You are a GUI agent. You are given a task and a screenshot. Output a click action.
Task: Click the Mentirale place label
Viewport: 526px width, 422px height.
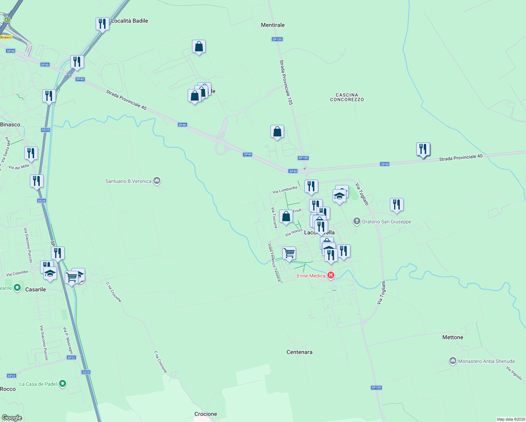[x=272, y=25]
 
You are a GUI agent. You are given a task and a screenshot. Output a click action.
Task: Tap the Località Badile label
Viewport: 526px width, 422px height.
[x=129, y=21]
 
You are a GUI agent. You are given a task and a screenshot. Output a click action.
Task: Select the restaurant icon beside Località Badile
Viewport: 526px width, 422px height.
[x=102, y=24]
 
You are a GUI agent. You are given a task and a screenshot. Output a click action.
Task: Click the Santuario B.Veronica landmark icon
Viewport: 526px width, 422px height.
[x=157, y=181]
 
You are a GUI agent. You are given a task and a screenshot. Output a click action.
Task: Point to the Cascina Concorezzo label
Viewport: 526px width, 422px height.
[x=347, y=97]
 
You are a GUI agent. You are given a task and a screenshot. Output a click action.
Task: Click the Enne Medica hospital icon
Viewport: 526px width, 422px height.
[x=331, y=275]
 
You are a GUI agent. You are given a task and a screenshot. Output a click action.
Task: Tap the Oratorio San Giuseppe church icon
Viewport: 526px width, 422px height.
[x=357, y=221]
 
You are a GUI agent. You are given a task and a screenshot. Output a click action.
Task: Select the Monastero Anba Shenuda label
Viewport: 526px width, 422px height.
[x=486, y=361]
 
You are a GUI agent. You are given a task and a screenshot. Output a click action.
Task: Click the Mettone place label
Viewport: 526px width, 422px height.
[x=453, y=337]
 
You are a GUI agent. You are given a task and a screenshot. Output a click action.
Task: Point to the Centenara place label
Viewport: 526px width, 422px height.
[x=299, y=352]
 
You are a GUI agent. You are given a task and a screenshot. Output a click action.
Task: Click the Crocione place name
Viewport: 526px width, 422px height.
[x=206, y=414]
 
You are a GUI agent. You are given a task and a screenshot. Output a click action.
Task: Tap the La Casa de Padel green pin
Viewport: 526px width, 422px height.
[x=63, y=384]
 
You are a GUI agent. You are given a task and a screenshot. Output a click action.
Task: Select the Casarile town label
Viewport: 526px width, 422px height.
[x=36, y=289]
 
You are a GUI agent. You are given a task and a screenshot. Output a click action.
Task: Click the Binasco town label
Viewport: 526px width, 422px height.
[x=10, y=124]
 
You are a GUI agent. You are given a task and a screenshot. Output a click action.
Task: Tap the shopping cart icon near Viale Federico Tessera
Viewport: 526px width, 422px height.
[x=289, y=253]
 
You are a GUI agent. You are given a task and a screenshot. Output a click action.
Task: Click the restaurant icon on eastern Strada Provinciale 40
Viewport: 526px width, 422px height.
[x=423, y=149]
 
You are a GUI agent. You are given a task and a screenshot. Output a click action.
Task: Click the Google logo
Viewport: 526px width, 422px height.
[x=12, y=418]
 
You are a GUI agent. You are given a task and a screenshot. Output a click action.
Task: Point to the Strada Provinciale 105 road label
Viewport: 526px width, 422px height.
[x=286, y=82]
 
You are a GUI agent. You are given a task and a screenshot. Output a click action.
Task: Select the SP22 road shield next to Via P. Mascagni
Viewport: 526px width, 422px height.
[x=71, y=358]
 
